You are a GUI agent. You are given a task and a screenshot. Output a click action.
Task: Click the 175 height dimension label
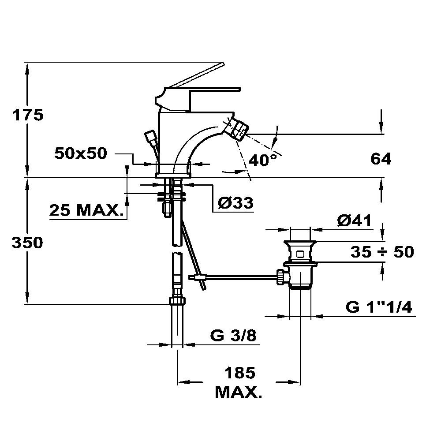[27, 115]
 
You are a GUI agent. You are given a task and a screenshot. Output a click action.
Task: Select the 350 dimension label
[27, 243]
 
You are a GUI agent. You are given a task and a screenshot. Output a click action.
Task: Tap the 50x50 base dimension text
[81, 153]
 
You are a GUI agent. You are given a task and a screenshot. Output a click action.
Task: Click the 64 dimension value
[381, 159]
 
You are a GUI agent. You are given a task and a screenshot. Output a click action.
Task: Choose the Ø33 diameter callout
[235, 202]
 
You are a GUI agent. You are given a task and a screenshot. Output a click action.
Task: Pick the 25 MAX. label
[86, 210]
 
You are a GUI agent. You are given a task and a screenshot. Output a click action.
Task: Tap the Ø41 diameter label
[355, 220]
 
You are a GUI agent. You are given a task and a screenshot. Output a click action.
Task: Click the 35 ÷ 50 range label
[382, 251]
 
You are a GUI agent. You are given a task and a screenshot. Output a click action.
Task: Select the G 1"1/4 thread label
[379, 307]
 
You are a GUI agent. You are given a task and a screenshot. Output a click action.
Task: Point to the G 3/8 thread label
[233, 335]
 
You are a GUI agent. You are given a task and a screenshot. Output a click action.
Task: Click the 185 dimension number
[239, 373]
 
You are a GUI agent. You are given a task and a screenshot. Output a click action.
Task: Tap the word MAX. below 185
[239, 392]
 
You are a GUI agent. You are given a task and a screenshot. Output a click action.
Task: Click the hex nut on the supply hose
[177, 301]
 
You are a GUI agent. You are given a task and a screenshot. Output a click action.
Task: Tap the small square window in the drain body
[300, 254]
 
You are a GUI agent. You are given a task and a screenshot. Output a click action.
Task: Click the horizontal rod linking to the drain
[240, 277]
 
